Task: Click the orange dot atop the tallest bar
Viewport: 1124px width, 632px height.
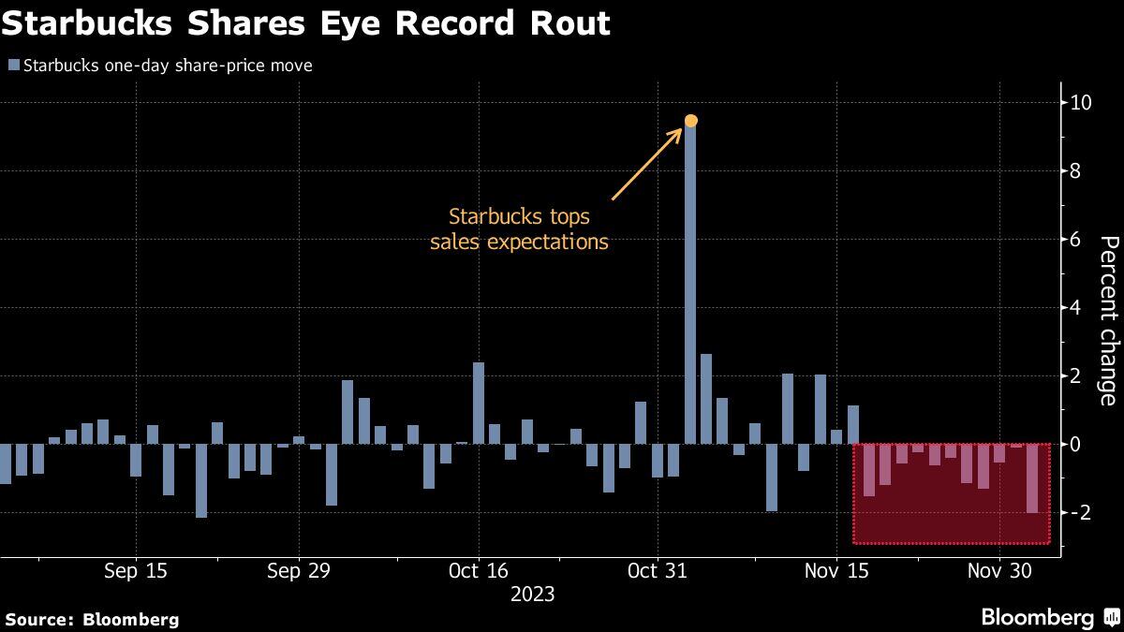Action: [691, 120]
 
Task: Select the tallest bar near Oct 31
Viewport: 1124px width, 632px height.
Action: [691, 281]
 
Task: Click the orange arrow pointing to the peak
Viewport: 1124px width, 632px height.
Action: [647, 164]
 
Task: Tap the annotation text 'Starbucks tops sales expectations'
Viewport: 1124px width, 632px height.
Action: [519, 229]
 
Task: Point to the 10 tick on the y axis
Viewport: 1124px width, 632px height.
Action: [1080, 102]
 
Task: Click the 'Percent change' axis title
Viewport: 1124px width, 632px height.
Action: [1107, 321]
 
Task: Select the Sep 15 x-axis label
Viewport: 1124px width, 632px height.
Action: [136, 570]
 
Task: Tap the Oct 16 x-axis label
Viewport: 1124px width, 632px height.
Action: [478, 570]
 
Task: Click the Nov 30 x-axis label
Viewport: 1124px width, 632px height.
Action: [999, 570]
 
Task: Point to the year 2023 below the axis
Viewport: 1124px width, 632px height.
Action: [532, 595]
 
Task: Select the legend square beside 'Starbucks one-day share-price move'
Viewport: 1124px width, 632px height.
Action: [12, 66]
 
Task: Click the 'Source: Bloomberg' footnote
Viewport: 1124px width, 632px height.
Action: [91, 619]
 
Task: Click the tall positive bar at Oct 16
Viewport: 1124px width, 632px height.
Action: [478, 403]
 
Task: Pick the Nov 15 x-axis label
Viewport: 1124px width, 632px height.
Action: [837, 570]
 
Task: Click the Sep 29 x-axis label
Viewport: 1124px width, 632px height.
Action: [299, 570]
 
